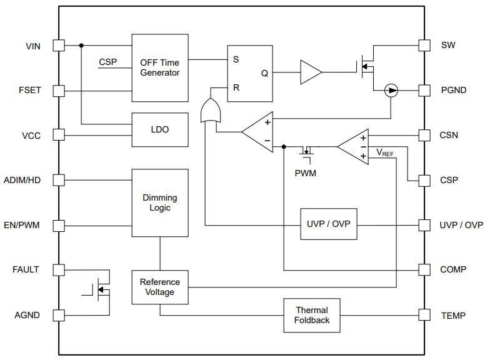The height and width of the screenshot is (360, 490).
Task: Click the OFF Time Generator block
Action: pyautogui.click(x=160, y=67)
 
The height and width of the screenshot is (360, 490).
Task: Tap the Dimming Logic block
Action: pyautogui.click(x=160, y=202)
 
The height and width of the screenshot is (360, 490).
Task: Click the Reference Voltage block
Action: pyautogui.click(x=160, y=287)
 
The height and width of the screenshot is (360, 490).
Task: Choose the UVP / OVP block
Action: pyautogui.click(x=329, y=224)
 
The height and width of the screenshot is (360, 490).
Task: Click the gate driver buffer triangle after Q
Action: pyautogui.click(x=310, y=72)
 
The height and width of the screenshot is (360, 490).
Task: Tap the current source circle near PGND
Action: pyautogui.click(x=391, y=91)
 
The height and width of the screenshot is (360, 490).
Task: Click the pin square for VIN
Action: pyautogui.click(x=58, y=46)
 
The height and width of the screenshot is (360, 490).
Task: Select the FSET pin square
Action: pyautogui.click(x=58, y=91)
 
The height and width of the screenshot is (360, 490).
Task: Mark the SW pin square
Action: pyautogui.click(x=424, y=46)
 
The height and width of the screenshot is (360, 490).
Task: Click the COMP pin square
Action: pyautogui.click(x=424, y=270)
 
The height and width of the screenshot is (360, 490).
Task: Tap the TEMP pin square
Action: pyautogui.click(x=424, y=315)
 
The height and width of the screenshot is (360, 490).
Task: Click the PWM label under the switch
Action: pyautogui.click(x=305, y=173)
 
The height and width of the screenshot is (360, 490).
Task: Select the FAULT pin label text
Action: pyautogui.click(x=26, y=270)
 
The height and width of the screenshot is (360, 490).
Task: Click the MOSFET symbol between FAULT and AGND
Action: pyautogui.click(x=99, y=291)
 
